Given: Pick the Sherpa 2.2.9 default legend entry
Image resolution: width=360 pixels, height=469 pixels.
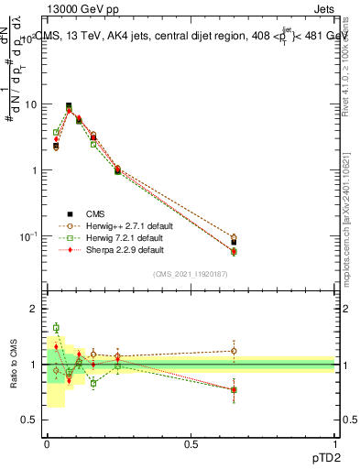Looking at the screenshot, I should pos(123,248).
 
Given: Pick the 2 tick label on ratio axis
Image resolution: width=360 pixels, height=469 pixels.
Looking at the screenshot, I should pos(34,309).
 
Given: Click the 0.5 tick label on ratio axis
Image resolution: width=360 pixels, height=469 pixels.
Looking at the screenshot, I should pos(29,420).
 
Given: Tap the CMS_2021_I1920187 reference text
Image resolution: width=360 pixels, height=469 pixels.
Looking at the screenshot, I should pos(191,274).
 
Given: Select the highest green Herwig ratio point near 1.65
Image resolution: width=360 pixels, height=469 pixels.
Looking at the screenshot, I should pos(56,327).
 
